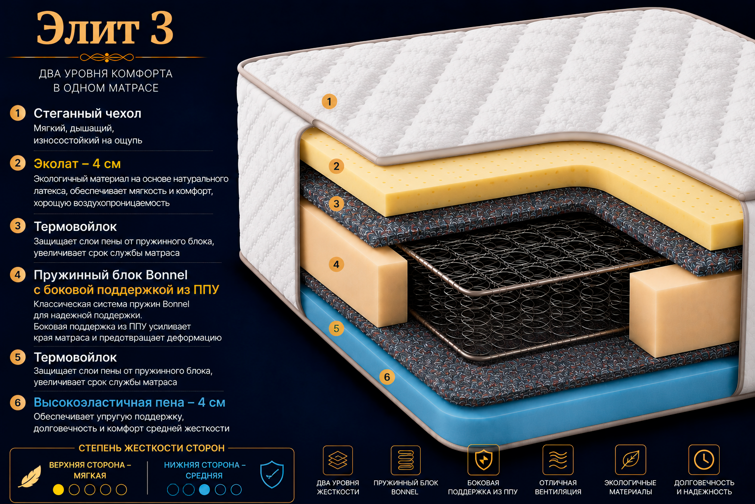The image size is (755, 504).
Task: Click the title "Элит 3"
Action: pos(105,29)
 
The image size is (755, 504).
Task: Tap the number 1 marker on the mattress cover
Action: pos(329,101)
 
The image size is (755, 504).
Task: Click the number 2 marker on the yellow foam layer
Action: pos(336,166)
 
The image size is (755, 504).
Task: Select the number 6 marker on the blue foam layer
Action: pos(387,377)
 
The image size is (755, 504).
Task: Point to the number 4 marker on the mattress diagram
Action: pos(336,264)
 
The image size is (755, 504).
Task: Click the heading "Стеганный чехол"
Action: pos(87,113)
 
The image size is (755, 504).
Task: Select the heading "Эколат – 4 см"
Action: pos(77,164)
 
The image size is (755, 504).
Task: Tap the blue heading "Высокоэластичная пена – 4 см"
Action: pos(129,403)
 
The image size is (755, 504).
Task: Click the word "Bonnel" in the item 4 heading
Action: pos(167,275)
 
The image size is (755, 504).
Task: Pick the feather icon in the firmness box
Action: pos(30,476)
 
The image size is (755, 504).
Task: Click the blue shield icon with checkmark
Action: pos(272,474)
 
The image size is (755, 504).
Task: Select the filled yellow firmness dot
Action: pos(58,490)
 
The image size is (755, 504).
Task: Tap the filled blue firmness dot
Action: pos(204,490)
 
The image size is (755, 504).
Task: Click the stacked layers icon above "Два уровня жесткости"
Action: pos(338,460)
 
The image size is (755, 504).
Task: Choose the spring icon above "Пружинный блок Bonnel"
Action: pos(406,460)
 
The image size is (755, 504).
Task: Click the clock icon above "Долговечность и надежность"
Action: pos(704,459)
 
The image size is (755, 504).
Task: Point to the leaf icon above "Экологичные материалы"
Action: pos(630,459)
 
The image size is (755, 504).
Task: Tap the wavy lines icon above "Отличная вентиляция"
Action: pos(558,459)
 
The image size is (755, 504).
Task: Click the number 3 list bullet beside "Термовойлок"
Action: pos(18,225)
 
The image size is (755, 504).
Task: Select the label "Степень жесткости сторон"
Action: pos(152,448)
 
